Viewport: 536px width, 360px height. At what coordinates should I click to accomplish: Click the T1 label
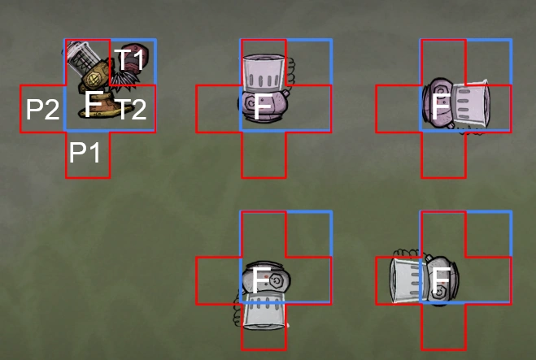point(129,59)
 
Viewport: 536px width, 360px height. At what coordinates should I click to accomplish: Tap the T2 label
point(130,109)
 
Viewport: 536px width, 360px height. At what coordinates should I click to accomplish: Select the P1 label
point(88,152)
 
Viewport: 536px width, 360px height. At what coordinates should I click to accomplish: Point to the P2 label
point(42,109)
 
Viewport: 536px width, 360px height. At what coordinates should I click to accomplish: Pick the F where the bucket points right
point(440,106)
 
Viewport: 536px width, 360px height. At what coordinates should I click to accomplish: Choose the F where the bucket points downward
point(260,280)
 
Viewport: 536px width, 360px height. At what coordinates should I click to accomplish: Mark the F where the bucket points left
point(440,280)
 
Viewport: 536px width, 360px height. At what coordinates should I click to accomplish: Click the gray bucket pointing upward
point(264,72)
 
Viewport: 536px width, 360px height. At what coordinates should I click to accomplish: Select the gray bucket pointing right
point(470,105)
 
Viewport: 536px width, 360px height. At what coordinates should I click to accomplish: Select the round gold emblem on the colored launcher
point(94,81)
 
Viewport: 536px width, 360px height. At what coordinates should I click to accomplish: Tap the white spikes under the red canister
point(123,80)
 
